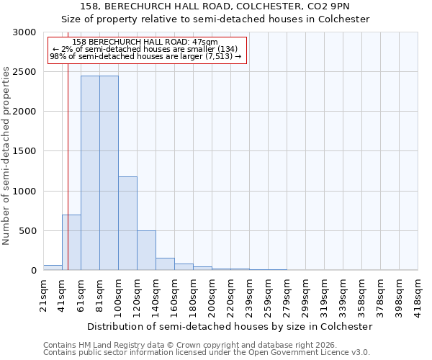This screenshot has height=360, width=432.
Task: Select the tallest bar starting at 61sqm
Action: coord(90,173)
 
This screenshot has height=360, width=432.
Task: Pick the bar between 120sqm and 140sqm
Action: coord(146,251)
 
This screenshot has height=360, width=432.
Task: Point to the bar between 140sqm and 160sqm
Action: coord(165,264)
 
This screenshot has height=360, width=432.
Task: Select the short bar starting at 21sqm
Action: coord(53,268)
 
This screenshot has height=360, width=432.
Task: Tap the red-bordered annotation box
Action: coord(147,50)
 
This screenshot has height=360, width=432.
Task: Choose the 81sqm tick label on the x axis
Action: coord(99,294)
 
